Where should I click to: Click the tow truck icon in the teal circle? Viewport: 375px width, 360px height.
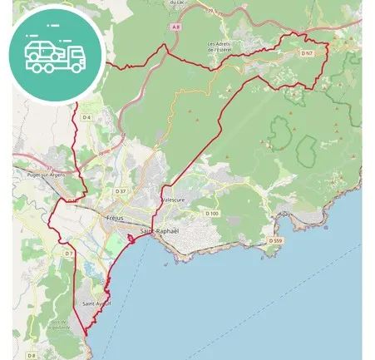tap(55, 56)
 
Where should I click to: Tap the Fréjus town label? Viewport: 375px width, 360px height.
tap(115, 218)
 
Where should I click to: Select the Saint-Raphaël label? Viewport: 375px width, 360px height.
tap(159, 230)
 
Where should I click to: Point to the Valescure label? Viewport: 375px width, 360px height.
tap(173, 200)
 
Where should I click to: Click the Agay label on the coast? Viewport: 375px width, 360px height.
tap(288, 214)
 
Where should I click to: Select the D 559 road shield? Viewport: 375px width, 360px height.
tap(275, 241)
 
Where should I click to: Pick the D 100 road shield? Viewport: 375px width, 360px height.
tap(211, 214)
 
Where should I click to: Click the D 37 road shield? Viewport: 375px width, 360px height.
tap(121, 192)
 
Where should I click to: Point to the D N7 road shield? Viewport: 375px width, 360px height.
tap(306, 53)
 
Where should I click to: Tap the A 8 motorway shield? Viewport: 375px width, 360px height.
tap(175, 27)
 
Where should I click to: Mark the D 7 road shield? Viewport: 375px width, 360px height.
tap(70, 253)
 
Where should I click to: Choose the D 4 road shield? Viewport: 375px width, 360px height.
tap(86, 117)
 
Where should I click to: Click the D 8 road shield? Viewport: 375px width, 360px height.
tap(32, 355)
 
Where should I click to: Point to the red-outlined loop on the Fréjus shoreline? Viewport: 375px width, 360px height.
tap(131, 241)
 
